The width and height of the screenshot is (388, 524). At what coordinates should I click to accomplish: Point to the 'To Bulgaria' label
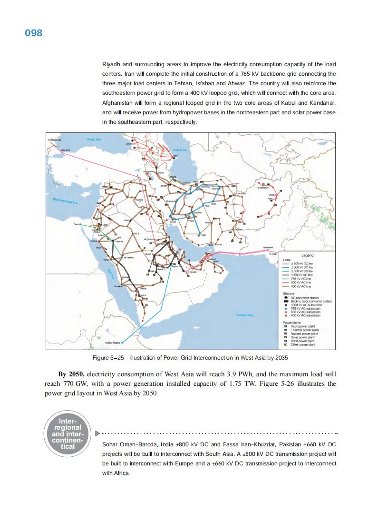tap(54, 139)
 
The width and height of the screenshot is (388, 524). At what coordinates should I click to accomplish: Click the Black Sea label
tap(94, 139)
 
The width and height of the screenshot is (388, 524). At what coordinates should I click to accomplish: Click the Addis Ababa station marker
tap(122, 343)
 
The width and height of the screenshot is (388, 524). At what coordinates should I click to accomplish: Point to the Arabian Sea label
tap(244, 315)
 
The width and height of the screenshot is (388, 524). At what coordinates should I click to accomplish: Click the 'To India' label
tap(272, 254)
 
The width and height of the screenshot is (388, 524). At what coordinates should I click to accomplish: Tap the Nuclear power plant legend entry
tap(304, 333)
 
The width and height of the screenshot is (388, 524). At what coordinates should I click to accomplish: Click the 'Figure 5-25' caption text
tap(109, 357)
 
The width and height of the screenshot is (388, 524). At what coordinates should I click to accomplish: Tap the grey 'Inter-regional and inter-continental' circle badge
tap(67, 433)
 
